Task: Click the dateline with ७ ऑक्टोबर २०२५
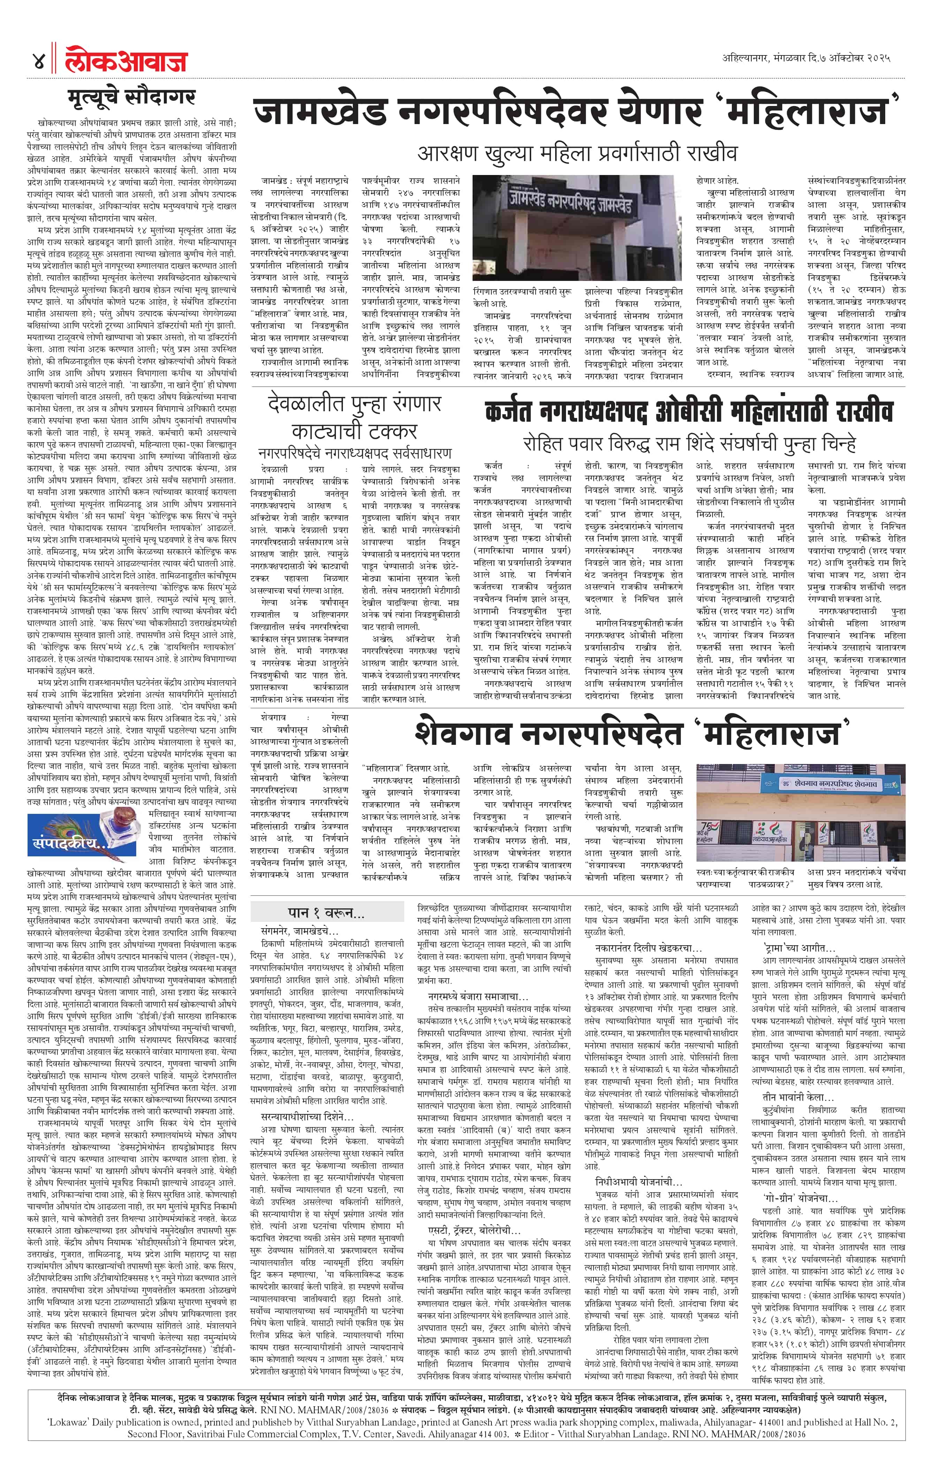(x=806, y=59)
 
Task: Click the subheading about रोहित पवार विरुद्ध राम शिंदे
(x=689, y=444)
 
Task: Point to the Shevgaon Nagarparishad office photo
(x=800, y=812)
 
